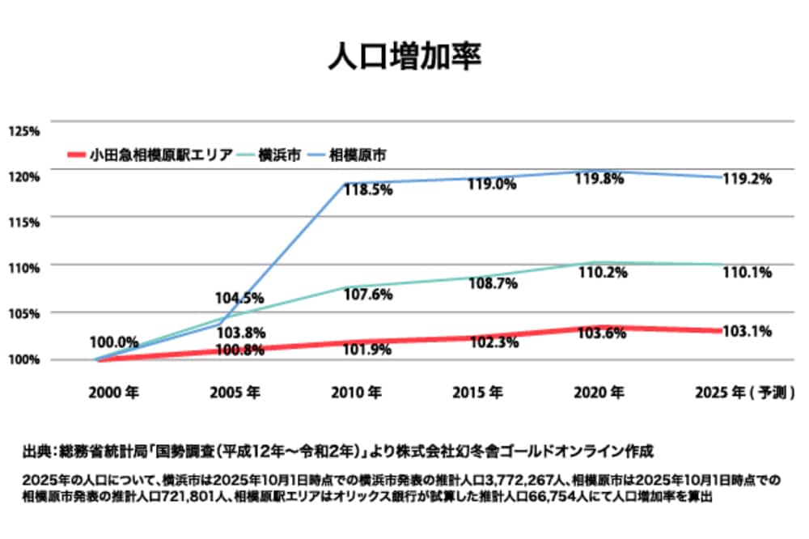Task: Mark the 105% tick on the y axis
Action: click(x=23, y=314)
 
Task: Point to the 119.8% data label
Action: click(x=599, y=180)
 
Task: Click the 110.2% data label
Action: click(x=599, y=274)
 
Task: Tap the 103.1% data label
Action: click(x=744, y=331)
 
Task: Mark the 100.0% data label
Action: click(x=113, y=342)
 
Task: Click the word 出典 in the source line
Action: click(x=36, y=450)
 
